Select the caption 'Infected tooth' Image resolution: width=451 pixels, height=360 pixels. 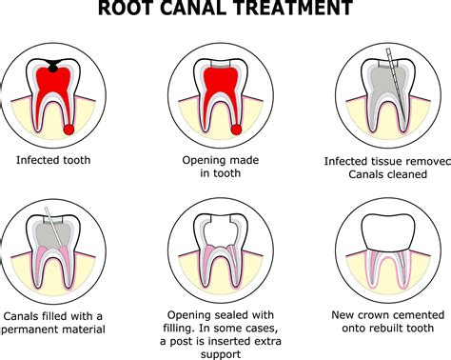click(55, 160)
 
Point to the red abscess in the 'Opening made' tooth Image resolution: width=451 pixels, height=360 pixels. click(235, 129)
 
